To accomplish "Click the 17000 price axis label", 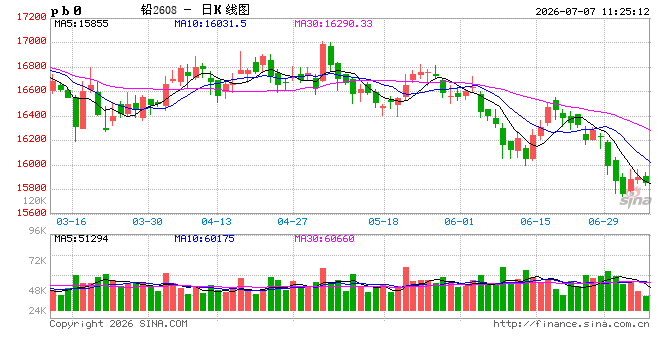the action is [x=32, y=41].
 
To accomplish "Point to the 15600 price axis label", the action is [x=32, y=213].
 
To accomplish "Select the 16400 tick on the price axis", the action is [x=32, y=115].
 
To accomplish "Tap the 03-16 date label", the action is [x=71, y=221].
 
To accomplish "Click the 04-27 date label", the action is [x=292, y=221].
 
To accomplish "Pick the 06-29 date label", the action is [x=603, y=221].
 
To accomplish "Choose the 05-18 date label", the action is [x=383, y=221].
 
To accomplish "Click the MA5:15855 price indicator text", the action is [x=81, y=24].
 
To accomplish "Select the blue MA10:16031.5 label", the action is [x=210, y=24].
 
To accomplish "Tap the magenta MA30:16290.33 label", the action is [x=333, y=24].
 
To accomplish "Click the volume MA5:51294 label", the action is [x=81, y=239].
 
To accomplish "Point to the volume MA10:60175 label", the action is [x=205, y=239].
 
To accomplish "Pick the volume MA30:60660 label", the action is [x=325, y=239].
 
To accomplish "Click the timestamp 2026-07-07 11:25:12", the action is [x=592, y=11].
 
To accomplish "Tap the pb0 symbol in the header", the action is [x=66, y=11].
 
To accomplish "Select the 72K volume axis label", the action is [x=37, y=261].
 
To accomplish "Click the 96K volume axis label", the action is [x=37, y=230].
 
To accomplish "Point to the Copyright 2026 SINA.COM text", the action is [x=118, y=324].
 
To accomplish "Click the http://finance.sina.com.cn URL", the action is [x=571, y=324].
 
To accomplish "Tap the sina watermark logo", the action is [x=635, y=198].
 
